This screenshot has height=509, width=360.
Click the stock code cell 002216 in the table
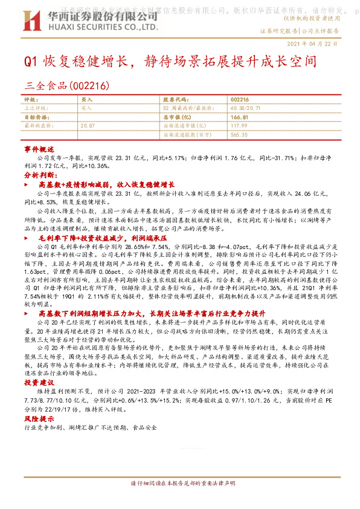pos(240,99)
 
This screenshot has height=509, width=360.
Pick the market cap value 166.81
pos(240,116)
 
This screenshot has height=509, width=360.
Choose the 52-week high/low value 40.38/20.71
pos(244,108)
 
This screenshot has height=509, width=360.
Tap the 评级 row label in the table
pos(30,99)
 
